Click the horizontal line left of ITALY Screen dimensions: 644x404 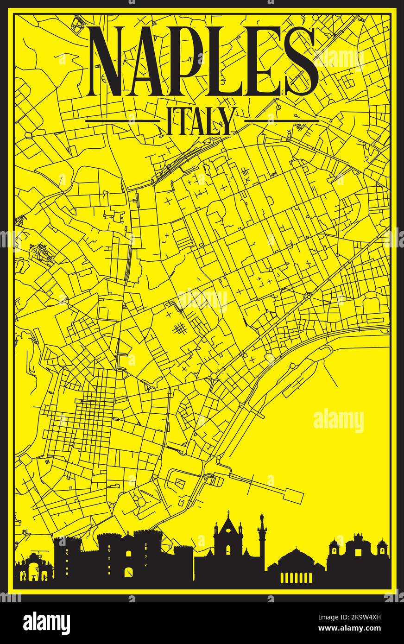tap(123, 121)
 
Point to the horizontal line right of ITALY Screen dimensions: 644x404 tap(282, 121)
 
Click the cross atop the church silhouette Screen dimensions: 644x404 tap(228, 513)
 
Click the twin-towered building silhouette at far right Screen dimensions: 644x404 tap(357, 553)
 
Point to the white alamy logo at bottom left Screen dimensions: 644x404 tap(47, 623)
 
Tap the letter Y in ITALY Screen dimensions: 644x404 tap(227, 121)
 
